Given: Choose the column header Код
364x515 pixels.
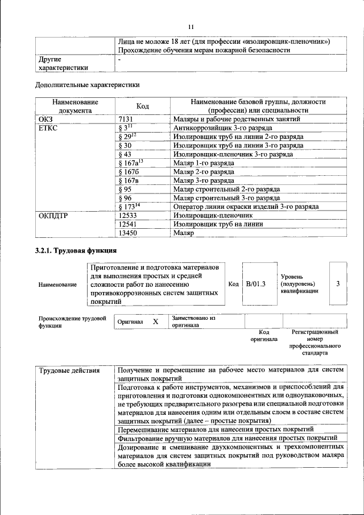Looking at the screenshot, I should [x=143, y=106].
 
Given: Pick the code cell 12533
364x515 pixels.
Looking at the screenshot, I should [x=128, y=216].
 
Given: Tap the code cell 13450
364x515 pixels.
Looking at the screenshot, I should [x=128, y=233].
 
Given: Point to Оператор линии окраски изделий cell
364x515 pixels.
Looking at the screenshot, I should [x=246, y=207].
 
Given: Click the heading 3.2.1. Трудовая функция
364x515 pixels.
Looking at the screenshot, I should [x=76, y=250].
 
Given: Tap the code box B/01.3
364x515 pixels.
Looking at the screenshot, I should [x=255, y=283].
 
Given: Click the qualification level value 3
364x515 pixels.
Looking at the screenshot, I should [x=338, y=283].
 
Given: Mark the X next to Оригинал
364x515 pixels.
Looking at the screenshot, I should [x=155, y=322].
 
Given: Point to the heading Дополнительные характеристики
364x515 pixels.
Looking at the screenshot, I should [x=87, y=85].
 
